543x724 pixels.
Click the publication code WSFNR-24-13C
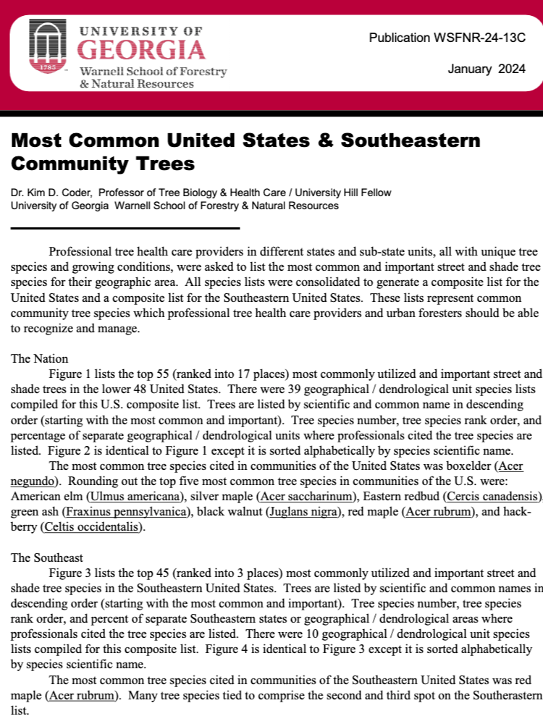click(x=447, y=38)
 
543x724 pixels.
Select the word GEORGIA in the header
click(x=140, y=50)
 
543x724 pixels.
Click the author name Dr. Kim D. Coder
click(x=51, y=192)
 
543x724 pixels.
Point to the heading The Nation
click(x=40, y=358)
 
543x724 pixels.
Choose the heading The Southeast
click(x=47, y=557)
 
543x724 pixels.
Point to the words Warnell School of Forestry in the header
click(x=153, y=72)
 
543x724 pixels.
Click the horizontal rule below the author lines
click(x=125, y=228)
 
